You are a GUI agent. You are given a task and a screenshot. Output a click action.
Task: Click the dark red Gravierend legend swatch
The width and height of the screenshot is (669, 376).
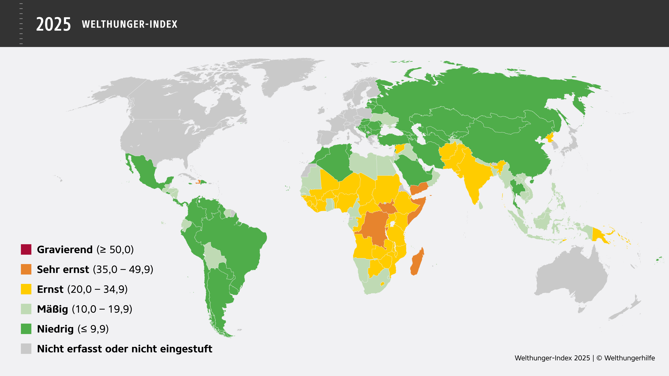(x=26, y=249)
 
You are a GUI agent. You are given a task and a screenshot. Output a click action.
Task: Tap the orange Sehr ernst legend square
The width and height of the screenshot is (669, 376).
(x=26, y=269)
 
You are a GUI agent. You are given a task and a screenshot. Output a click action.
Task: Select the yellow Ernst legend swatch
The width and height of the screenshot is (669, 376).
(x=26, y=289)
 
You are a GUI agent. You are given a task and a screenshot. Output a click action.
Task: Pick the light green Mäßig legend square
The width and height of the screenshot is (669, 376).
(x=26, y=309)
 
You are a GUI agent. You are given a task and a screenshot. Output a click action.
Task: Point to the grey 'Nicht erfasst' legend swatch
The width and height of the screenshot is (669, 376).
(x=26, y=349)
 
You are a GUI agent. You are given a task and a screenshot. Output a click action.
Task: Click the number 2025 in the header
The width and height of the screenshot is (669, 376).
(x=53, y=24)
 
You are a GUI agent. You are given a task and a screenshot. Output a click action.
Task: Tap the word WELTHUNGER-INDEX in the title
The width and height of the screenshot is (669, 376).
(x=130, y=24)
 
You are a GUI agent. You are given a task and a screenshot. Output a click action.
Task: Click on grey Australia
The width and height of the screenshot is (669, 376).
(x=571, y=275)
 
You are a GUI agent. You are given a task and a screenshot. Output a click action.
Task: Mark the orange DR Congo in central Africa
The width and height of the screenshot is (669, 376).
(x=374, y=226)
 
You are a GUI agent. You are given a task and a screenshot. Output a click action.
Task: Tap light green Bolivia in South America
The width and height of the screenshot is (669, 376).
(x=213, y=257)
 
